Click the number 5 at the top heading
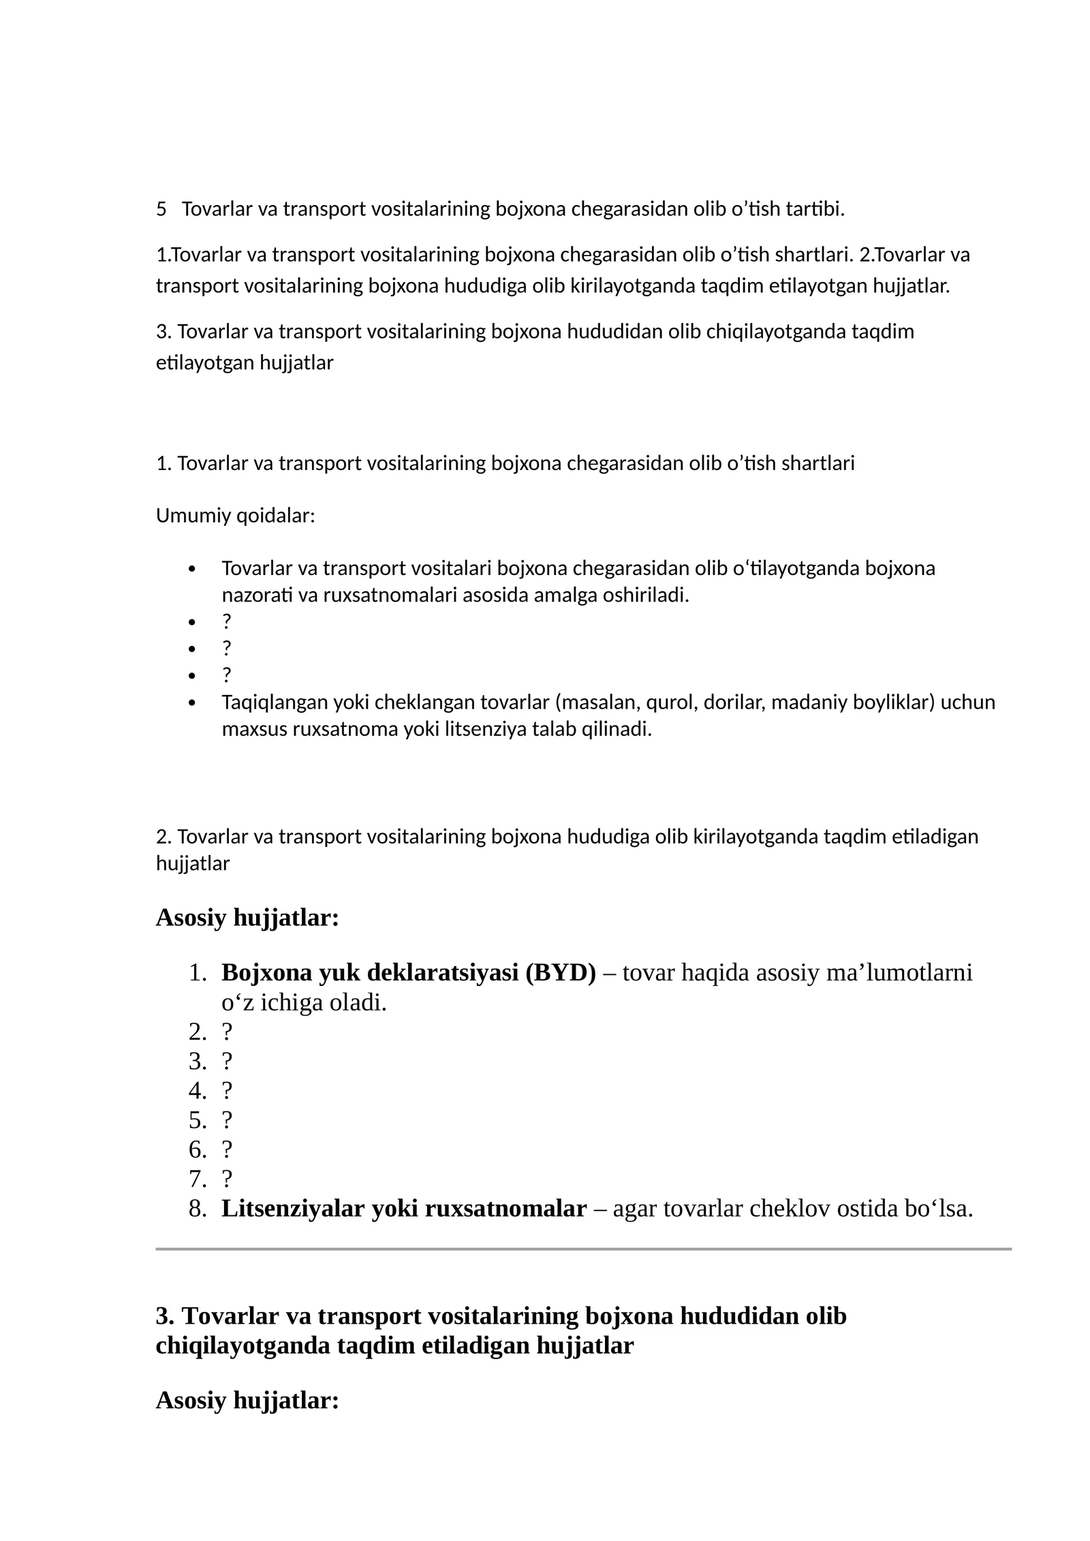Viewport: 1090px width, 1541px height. [x=161, y=209]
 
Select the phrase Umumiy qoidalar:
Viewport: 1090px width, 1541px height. [x=235, y=516]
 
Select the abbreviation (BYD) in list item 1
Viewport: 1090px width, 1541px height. [x=560, y=973]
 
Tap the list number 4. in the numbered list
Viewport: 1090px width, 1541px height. [x=198, y=1091]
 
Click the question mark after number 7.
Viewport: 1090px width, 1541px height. [x=227, y=1179]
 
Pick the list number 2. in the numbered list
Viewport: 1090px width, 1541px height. [x=198, y=1032]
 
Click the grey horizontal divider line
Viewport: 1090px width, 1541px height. [x=583, y=1249]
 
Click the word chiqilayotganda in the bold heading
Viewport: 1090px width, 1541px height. [x=243, y=1346]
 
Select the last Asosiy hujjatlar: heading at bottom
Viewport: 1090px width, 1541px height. [x=247, y=1401]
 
